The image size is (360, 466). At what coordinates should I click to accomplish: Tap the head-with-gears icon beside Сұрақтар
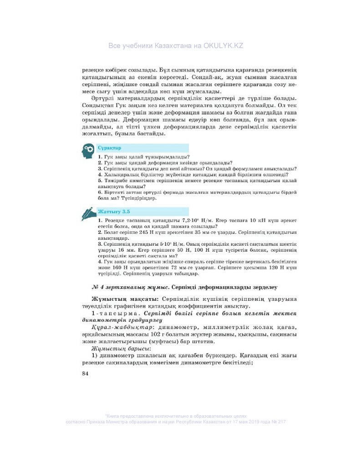click(x=88, y=150)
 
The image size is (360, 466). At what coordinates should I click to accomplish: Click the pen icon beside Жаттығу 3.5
click(x=88, y=213)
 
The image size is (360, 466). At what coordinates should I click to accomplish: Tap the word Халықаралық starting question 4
click(x=117, y=174)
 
